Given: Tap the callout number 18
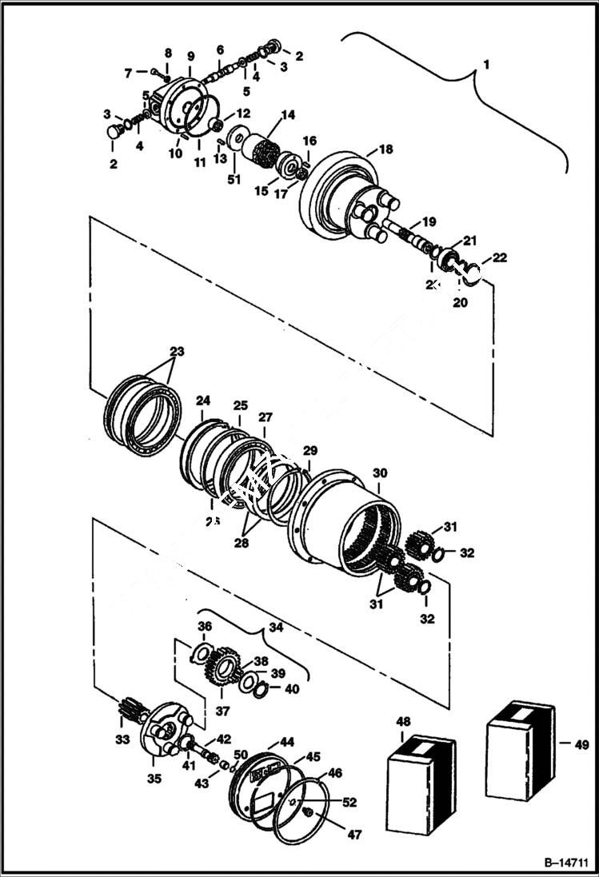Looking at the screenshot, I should pos(386,149).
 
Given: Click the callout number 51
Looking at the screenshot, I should pos(234,179).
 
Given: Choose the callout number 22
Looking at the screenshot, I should pos(499,257).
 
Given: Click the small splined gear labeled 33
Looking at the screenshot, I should pos(130,708).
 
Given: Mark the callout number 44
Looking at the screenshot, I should pos(286,742).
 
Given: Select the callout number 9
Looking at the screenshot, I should pos(190,56).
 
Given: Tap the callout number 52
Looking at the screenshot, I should pos(349,802).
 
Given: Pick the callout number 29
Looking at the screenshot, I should pos(309,452).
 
